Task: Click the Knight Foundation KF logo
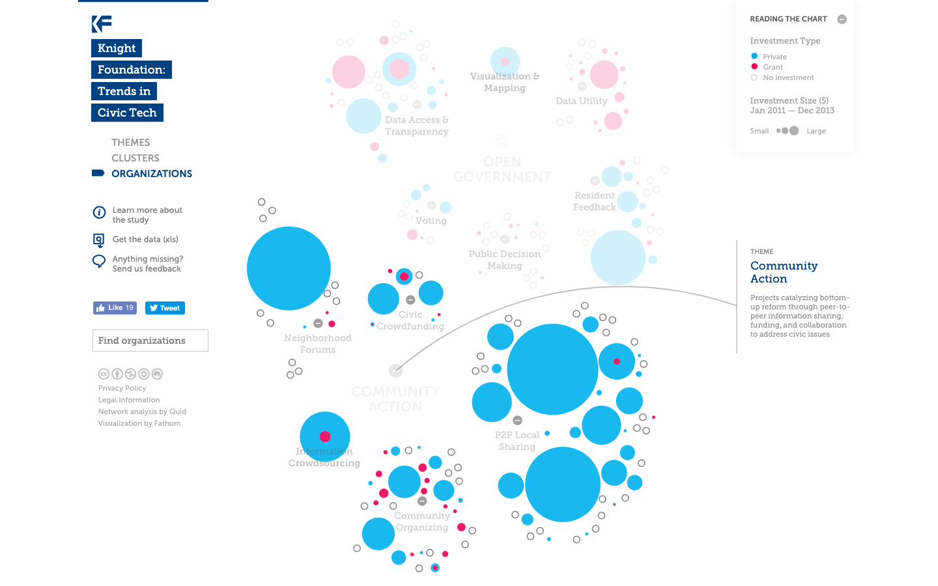tap(102, 24)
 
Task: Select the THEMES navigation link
tap(130, 143)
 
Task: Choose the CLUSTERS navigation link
tap(135, 158)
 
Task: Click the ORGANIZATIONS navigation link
tap(151, 174)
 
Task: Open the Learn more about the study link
tap(147, 215)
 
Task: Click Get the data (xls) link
tap(145, 240)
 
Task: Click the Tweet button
tap(165, 308)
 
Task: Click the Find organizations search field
tap(150, 341)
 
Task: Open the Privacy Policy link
tap(122, 388)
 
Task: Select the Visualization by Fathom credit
tap(139, 423)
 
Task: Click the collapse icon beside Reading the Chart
tap(842, 20)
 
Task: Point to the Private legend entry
tap(775, 57)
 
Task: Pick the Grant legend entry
tap(773, 67)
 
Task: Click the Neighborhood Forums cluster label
tap(317, 344)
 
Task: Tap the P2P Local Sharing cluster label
tap(517, 441)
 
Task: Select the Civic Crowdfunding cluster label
tap(410, 320)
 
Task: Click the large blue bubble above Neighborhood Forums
tap(289, 268)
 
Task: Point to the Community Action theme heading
tap(784, 272)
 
